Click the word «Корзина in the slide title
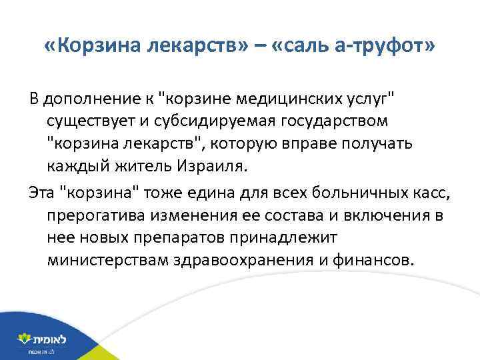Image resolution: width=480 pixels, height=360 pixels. pos(93,47)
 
